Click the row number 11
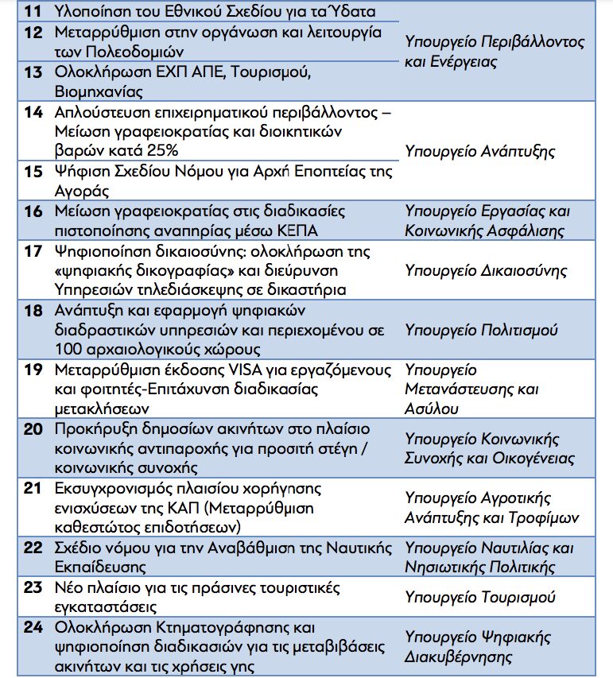[33, 12]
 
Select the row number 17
[33, 251]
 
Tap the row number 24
[33, 627]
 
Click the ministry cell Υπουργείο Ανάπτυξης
[479, 151]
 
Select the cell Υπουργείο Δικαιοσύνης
[486, 270]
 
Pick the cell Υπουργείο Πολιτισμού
[481, 329]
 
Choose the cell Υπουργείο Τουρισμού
[479, 597]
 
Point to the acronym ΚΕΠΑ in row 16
[297, 231]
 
